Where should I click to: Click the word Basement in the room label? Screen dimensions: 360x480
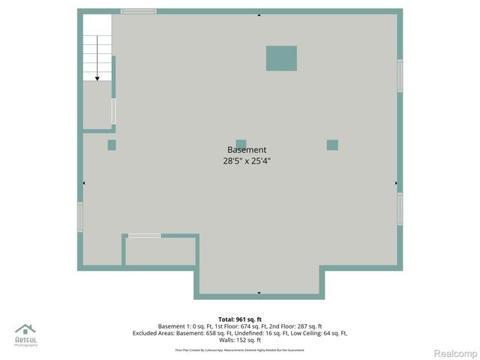[246, 150]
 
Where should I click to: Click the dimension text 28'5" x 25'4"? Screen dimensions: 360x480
[246, 160]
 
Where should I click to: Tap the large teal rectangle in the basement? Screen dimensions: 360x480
[281, 58]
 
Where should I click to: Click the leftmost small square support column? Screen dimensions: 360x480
[112, 145]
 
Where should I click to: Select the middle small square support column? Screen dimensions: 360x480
[241, 145]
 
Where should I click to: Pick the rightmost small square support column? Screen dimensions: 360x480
[332, 145]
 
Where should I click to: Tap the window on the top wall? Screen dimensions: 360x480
[139, 11]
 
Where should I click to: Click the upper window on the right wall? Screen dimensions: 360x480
[400, 76]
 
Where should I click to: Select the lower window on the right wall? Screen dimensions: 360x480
[400, 208]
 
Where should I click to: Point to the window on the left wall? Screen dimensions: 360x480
[80, 217]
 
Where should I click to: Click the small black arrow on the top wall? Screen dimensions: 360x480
[259, 15]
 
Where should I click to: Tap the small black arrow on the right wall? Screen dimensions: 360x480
[396, 182]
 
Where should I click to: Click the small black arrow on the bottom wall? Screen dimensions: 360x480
[259, 292]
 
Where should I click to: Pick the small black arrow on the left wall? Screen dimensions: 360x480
[84, 182]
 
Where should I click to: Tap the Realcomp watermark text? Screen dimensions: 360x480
[456, 353]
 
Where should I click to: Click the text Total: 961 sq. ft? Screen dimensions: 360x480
[240, 319]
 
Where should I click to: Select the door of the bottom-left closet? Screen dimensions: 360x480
[144, 235]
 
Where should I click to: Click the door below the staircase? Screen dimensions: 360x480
[114, 111]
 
